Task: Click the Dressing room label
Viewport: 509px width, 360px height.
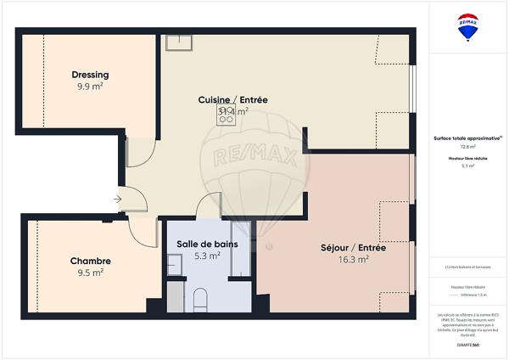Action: (x=90, y=75)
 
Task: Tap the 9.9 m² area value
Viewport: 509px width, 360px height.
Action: (x=90, y=87)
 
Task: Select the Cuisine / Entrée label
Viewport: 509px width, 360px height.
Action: (x=232, y=99)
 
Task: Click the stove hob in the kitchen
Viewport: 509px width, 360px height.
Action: (x=226, y=115)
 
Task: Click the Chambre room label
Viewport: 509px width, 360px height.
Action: (x=90, y=261)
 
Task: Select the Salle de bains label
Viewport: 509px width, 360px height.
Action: (x=207, y=244)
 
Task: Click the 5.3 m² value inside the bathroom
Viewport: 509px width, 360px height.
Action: (x=207, y=256)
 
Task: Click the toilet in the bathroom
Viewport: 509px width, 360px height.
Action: (x=201, y=300)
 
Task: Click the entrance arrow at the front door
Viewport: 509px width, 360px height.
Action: (x=116, y=200)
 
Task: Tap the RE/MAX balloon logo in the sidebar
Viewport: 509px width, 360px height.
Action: (x=467, y=26)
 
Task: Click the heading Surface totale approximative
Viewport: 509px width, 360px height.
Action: (x=467, y=138)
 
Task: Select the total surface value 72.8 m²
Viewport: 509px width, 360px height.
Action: (x=467, y=147)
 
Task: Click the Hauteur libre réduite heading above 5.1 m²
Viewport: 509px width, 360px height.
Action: (x=467, y=159)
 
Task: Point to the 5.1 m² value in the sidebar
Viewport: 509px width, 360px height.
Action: (x=467, y=167)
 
